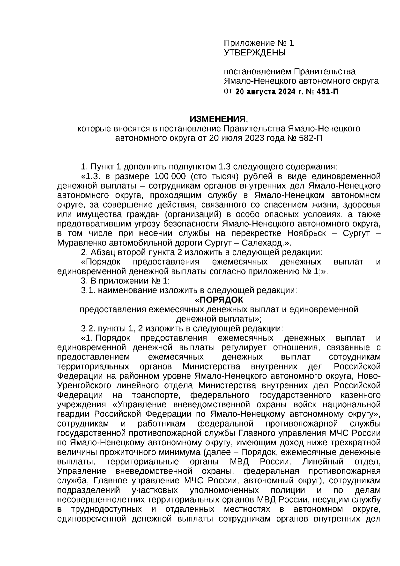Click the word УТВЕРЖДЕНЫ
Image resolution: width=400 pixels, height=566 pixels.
point(255,53)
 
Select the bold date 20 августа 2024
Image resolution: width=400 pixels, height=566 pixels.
point(263,92)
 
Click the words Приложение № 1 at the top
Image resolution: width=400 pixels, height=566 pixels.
point(259,43)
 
